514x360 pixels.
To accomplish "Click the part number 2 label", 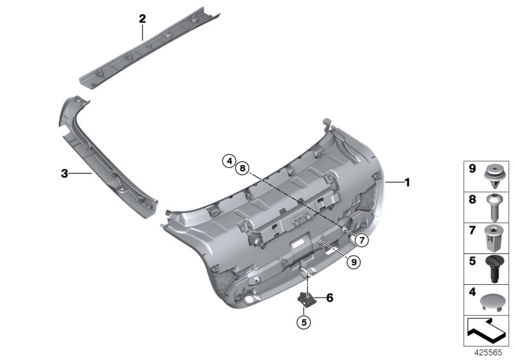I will tap(143, 19).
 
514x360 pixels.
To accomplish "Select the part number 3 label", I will tap(64, 173).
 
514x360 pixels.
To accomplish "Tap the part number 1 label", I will tap(407, 182).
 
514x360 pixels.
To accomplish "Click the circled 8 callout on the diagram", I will tap(242, 168).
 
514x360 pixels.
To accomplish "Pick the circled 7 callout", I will tap(360, 240).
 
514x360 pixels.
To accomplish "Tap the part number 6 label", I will tap(330, 298).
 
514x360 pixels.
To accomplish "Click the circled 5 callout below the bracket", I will tap(305, 321).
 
